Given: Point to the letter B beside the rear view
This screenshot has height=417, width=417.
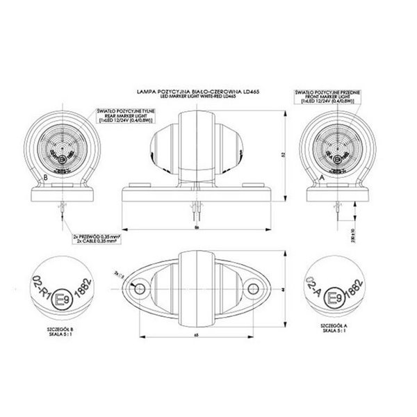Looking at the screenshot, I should pos(46,178).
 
